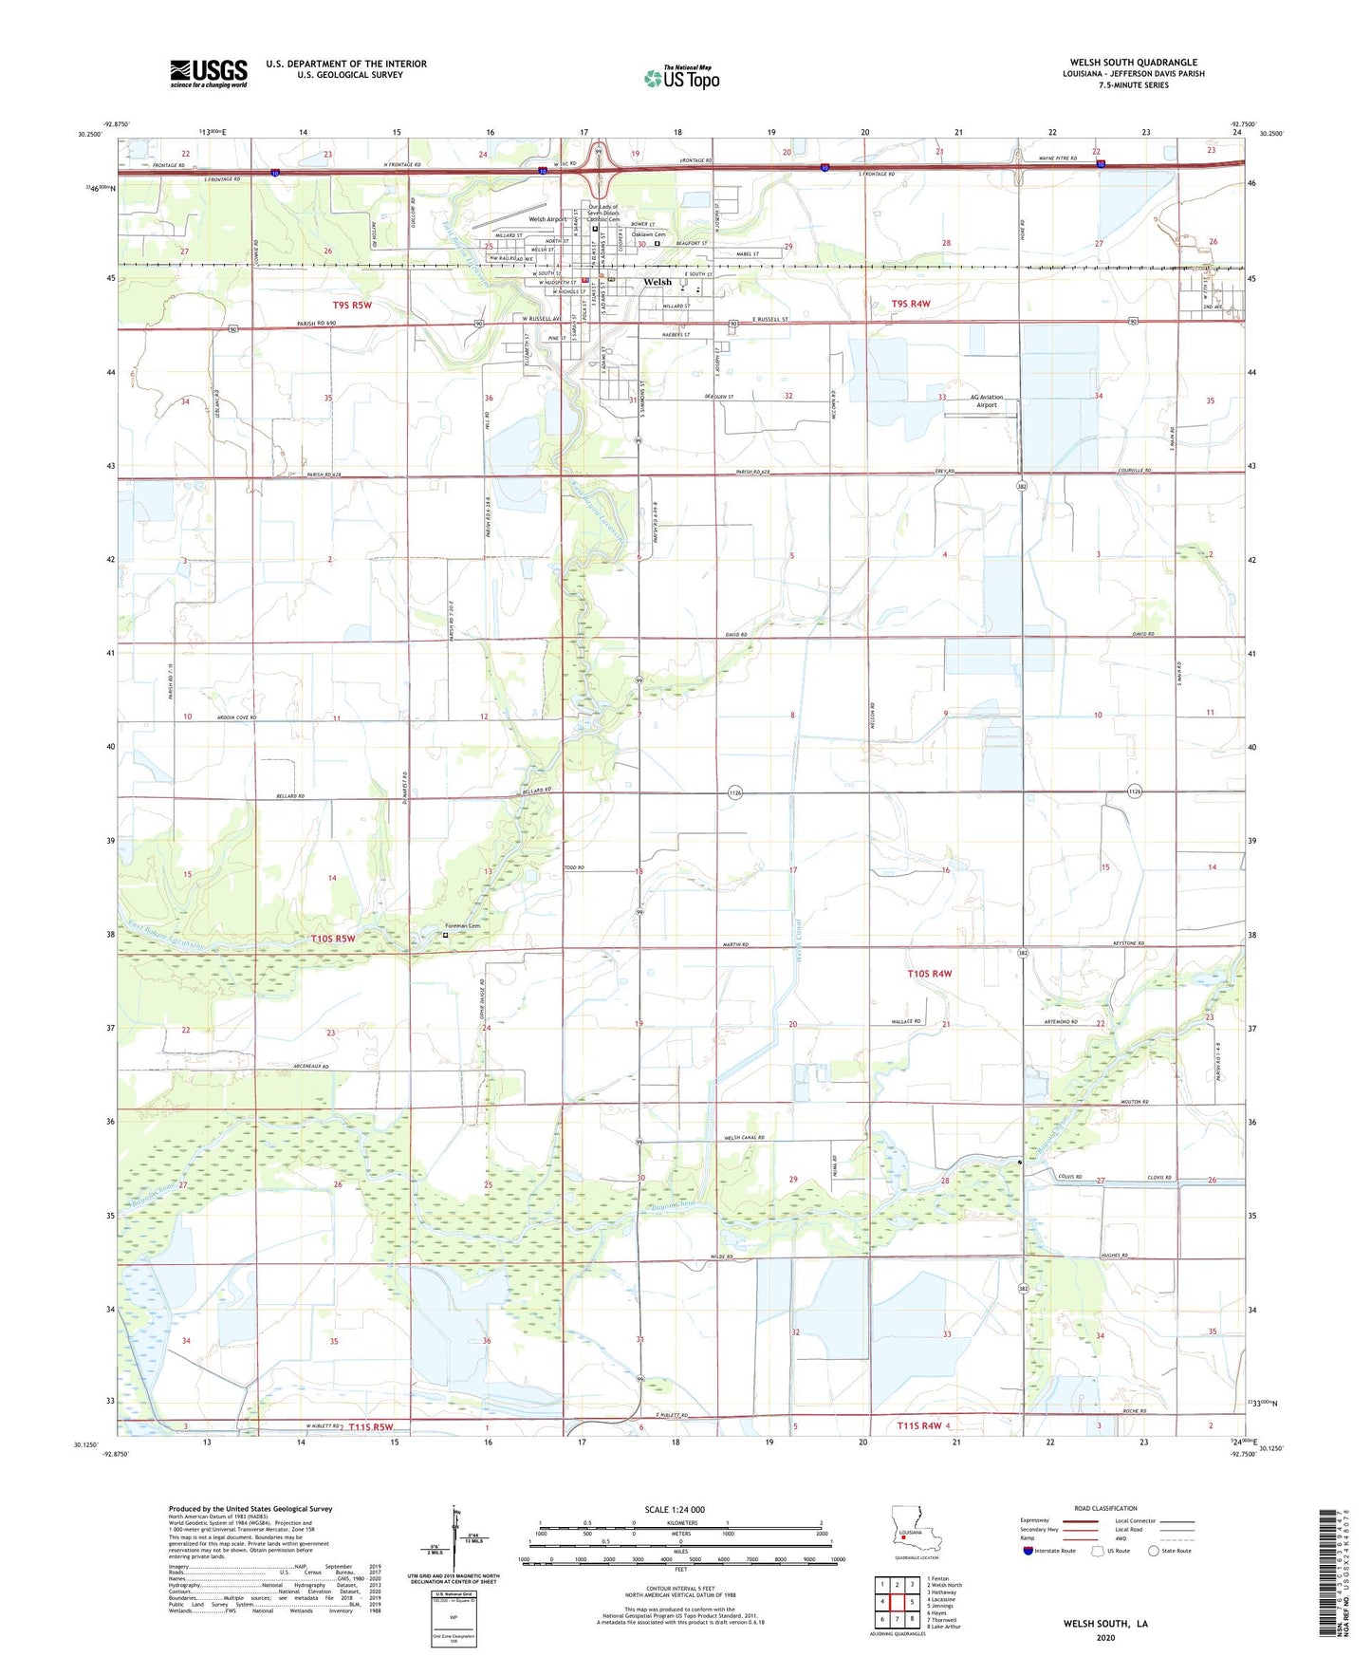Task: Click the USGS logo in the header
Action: (x=209, y=73)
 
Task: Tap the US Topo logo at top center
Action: (x=681, y=78)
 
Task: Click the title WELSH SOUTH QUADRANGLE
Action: (x=1133, y=63)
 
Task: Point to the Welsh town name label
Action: (x=657, y=282)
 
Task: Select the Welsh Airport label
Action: (x=547, y=219)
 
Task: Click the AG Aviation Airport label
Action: (x=986, y=400)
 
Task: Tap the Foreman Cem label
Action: (x=464, y=926)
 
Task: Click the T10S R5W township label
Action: (x=333, y=939)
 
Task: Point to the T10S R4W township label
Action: (x=929, y=974)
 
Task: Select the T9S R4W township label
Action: (x=911, y=304)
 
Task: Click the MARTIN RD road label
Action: (x=734, y=944)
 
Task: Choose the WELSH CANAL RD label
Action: (x=744, y=1137)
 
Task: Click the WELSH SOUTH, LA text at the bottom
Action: (x=1105, y=1624)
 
